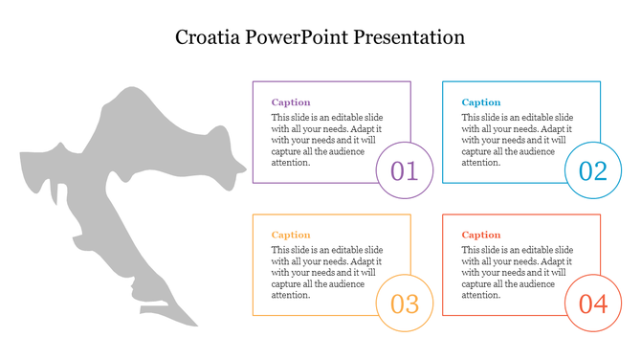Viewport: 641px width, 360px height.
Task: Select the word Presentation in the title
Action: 410,38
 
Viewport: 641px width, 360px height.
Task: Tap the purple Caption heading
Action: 291,102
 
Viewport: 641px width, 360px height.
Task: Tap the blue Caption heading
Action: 481,102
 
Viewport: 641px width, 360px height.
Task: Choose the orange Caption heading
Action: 291,235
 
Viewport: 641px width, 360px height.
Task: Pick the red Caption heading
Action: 481,235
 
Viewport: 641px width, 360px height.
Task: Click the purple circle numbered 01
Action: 405,170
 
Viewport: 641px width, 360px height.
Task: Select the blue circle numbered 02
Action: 593,170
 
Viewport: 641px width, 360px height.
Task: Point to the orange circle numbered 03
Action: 405,304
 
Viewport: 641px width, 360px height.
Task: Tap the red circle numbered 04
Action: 593,304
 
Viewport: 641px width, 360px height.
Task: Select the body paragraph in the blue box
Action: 518,140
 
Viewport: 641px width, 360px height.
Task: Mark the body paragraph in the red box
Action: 518,272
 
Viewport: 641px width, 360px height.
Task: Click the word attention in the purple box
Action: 291,163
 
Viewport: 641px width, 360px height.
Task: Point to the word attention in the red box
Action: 481,295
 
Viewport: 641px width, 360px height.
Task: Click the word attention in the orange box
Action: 291,295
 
